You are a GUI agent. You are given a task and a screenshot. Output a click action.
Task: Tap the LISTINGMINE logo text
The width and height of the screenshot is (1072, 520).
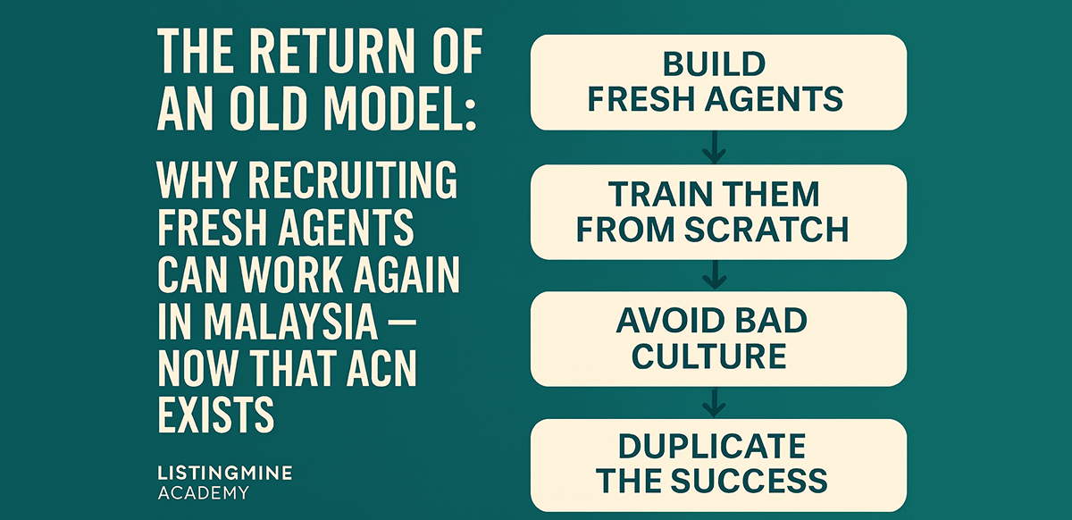(x=224, y=473)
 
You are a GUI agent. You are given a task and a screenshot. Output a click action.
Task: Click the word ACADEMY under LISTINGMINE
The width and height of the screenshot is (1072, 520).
(x=203, y=492)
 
